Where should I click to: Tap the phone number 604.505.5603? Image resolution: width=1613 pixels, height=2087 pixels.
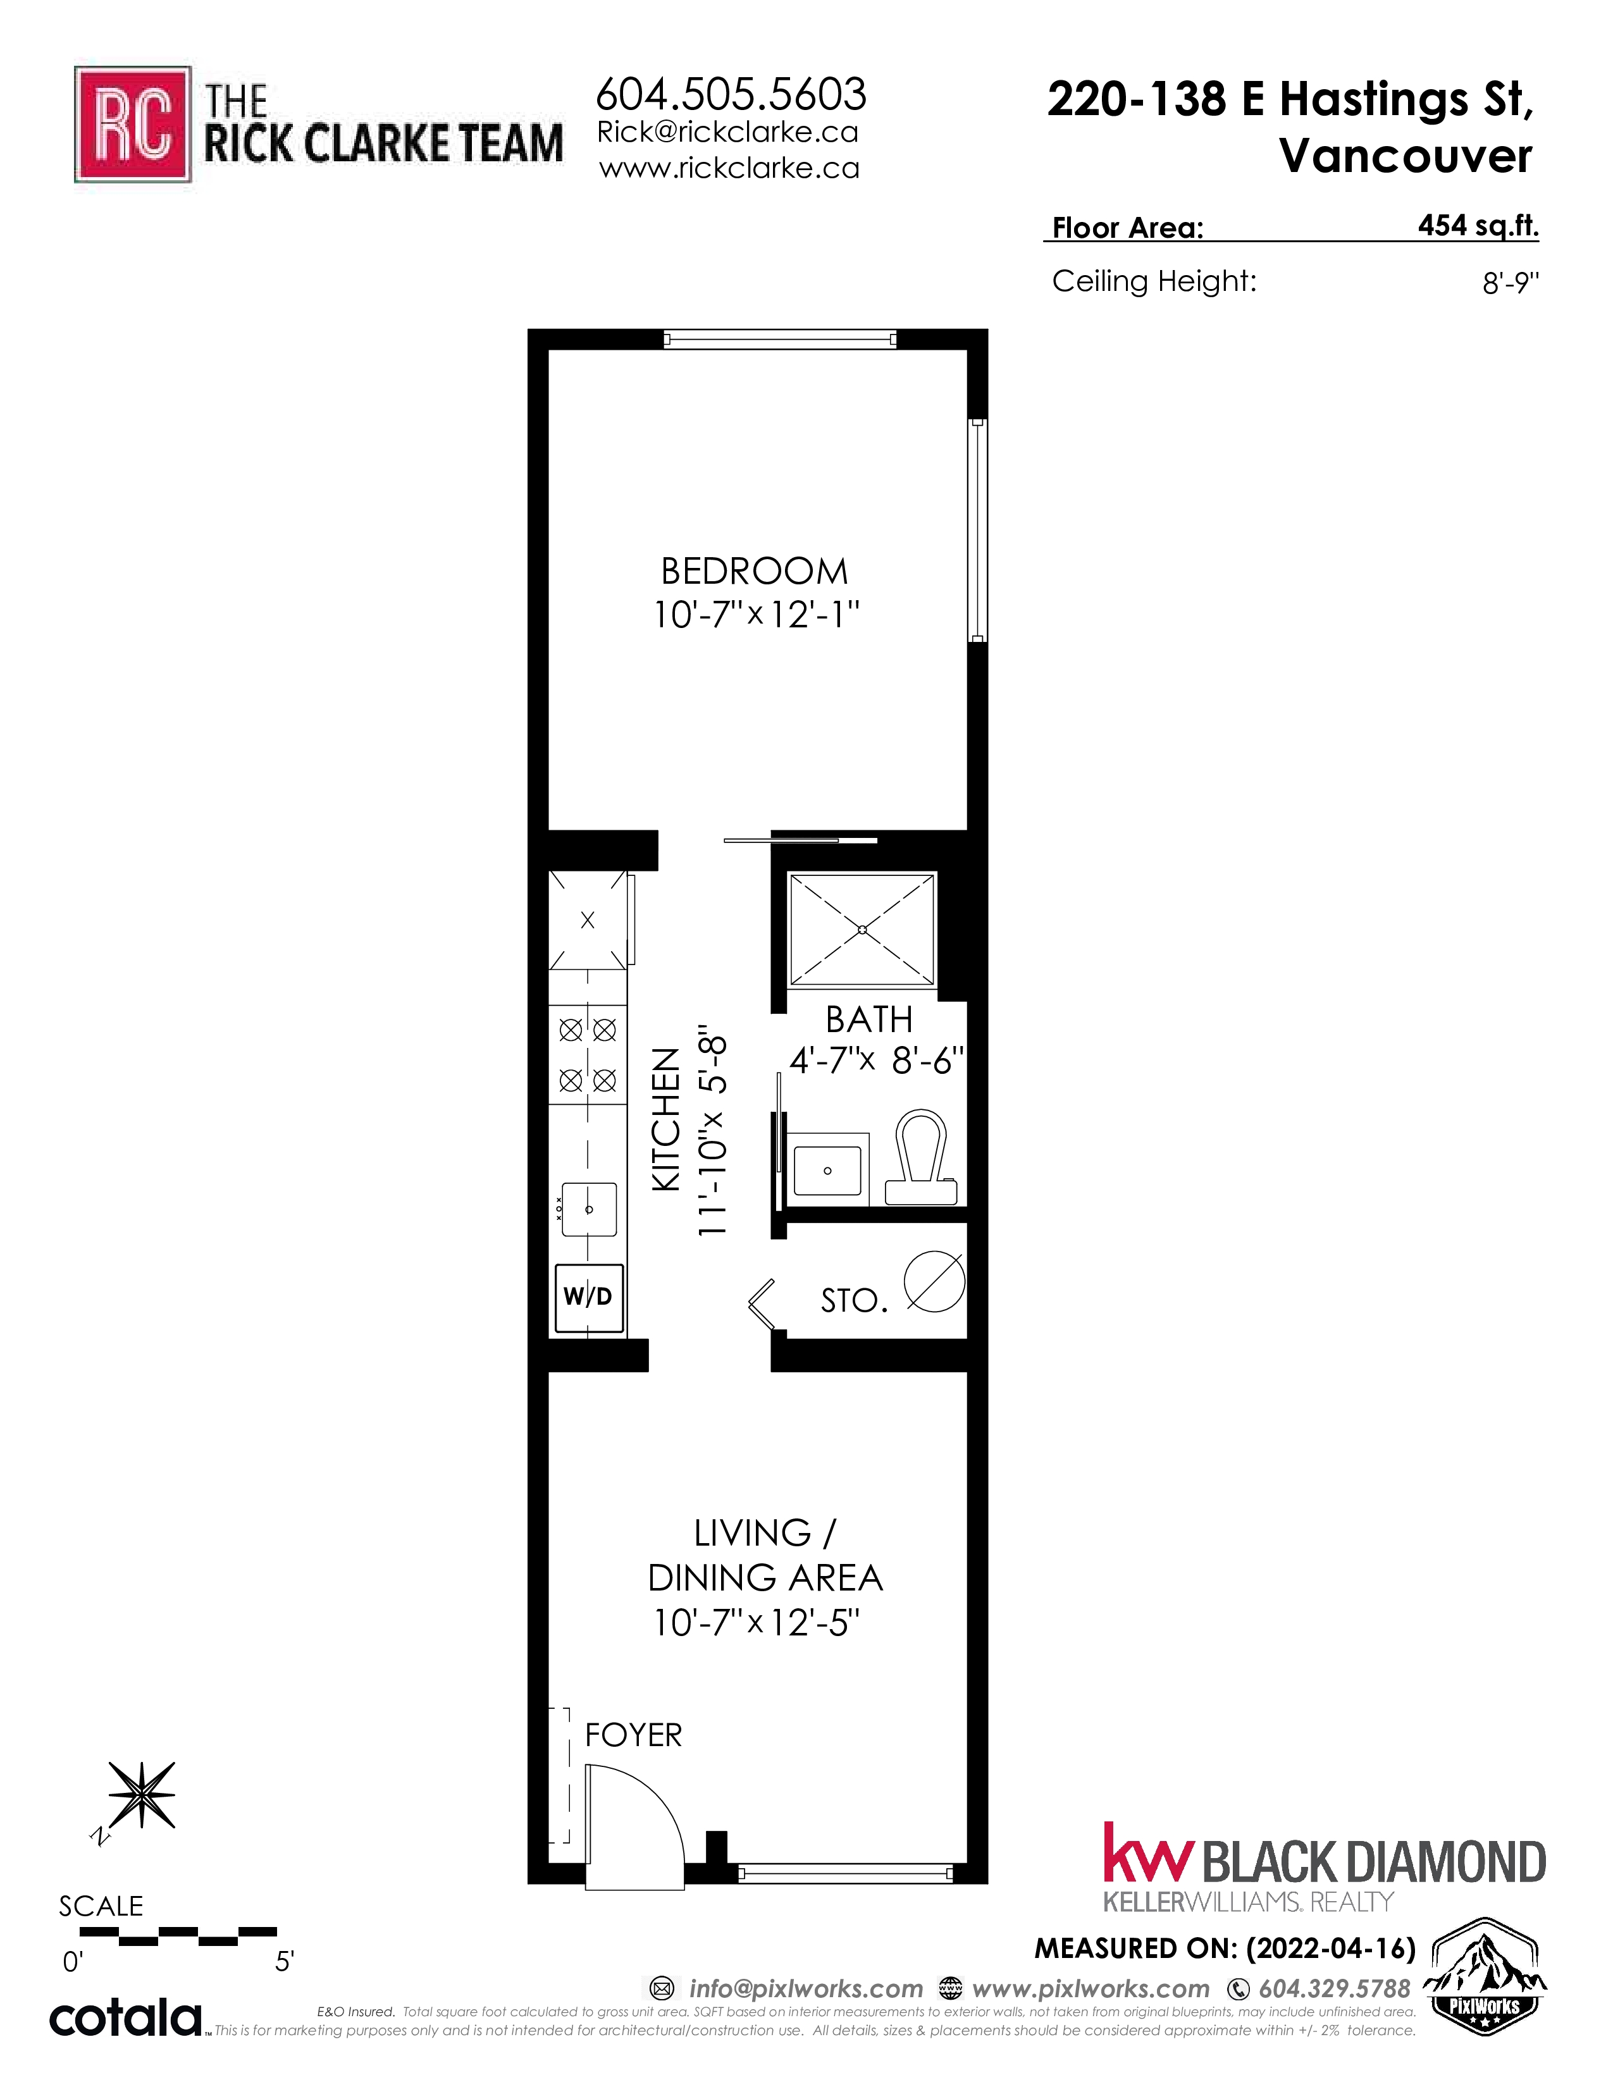[731, 94]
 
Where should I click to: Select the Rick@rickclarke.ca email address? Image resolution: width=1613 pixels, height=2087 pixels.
[727, 132]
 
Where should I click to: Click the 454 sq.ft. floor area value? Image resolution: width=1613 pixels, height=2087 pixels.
[1478, 226]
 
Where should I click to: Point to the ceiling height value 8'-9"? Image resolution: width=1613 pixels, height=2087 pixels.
[1511, 283]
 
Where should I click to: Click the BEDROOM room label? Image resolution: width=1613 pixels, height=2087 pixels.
[755, 572]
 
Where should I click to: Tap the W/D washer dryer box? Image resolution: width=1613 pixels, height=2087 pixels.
[588, 1298]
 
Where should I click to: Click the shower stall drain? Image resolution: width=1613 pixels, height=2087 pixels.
[862, 929]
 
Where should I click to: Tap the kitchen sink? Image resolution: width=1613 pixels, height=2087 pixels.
[589, 1209]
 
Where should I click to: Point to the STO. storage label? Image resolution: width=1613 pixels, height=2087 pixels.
[855, 1300]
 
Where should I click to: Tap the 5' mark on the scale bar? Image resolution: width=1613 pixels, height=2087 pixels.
[284, 1962]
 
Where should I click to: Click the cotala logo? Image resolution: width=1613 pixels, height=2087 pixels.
[126, 2019]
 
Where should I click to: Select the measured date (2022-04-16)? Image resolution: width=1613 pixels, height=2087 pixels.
[1331, 1948]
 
